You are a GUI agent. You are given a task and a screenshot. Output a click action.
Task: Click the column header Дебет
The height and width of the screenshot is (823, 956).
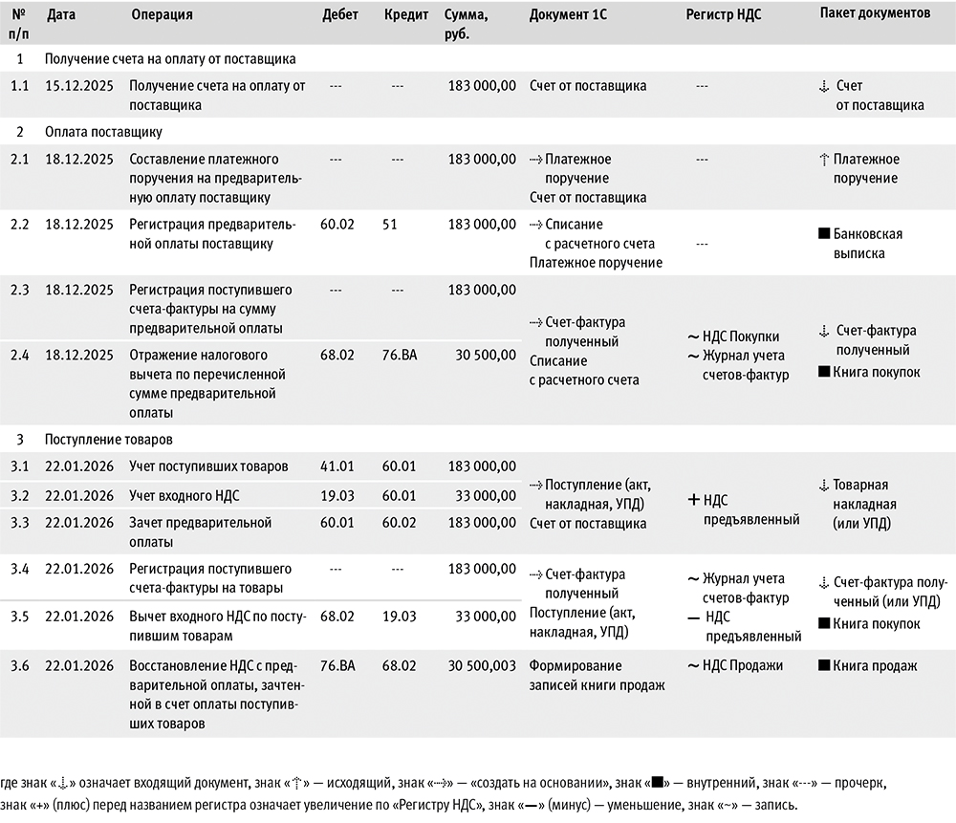pyautogui.click(x=340, y=15)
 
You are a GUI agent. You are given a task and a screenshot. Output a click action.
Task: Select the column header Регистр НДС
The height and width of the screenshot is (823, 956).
pyautogui.click(x=725, y=15)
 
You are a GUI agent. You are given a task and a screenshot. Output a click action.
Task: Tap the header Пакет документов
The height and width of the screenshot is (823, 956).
pyautogui.click(x=875, y=14)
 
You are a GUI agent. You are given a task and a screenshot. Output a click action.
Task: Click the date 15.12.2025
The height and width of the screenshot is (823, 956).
pyautogui.click(x=79, y=86)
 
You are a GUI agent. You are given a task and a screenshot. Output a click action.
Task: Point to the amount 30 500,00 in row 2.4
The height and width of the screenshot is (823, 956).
pyautogui.click(x=481, y=355)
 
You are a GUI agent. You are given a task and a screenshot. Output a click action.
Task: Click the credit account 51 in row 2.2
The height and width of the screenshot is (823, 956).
pyautogui.click(x=390, y=225)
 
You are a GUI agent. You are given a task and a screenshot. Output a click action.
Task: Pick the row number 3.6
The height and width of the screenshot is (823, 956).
pyautogui.click(x=20, y=665)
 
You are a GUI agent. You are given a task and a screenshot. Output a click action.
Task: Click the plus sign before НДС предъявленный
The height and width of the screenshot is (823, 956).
pyautogui.click(x=694, y=499)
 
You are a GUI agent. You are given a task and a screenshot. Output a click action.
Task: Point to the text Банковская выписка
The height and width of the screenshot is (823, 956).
pyautogui.click(x=865, y=244)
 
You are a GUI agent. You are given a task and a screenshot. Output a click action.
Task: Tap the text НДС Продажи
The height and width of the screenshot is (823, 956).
pyautogui.click(x=742, y=665)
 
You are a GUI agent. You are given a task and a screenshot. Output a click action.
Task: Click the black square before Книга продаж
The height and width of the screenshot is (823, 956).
pyautogui.click(x=824, y=665)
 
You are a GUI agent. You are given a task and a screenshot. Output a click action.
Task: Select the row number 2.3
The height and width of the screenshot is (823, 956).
pyautogui.click(x=20, y=290)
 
